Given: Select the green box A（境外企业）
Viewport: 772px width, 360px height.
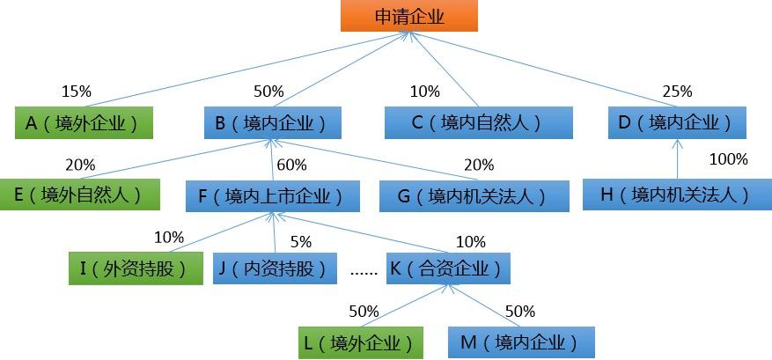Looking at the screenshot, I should click(83, 123).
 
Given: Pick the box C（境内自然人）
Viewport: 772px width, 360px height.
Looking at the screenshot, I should click(478, 123).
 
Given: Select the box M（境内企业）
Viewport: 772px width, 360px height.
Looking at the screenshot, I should click(521, 342).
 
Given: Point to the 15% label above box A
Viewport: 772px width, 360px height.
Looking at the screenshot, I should click(76, 92).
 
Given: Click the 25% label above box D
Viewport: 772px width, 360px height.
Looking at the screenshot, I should click(677, 92).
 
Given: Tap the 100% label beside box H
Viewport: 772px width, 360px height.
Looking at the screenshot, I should click(728, 160).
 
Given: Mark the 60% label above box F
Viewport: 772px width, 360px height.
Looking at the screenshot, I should click(291, 165).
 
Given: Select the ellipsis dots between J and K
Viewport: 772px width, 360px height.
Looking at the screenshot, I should click(364, 272).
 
